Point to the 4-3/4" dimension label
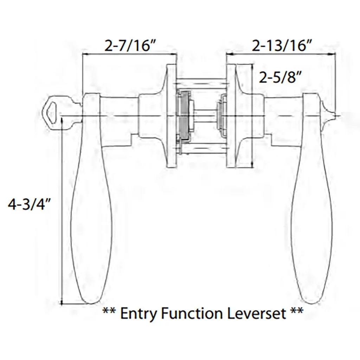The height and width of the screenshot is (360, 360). tap(30, 205)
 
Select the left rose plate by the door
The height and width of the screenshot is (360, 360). tap(171, 116)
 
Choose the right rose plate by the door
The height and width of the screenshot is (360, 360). tap(231, 116)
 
